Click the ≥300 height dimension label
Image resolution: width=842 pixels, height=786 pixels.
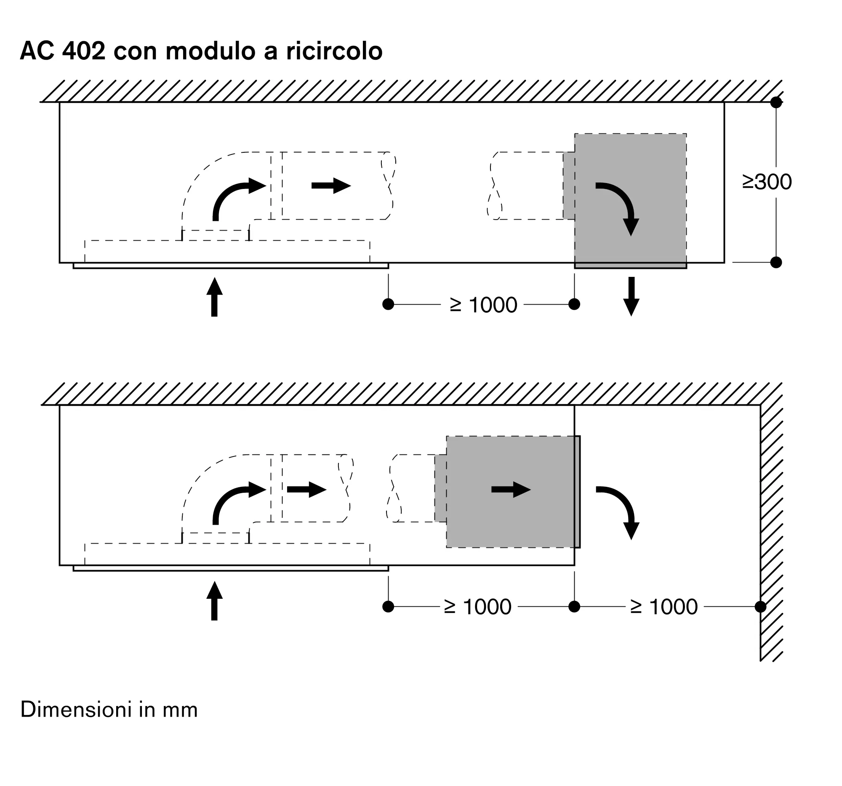coord(767,182)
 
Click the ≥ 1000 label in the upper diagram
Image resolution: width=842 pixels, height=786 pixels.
coord(483,305)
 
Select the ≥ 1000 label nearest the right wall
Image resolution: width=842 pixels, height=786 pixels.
coord(663,607)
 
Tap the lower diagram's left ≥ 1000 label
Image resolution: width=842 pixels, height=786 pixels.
coord(477,607)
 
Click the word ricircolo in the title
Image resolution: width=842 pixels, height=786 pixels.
coord(334,51)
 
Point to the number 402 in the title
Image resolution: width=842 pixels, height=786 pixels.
coord(83,51)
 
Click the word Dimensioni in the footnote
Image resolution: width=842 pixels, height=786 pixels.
coord(76,710)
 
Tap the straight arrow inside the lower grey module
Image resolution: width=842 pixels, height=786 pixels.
coord(511,490)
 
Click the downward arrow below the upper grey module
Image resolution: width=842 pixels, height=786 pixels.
coord(631,296)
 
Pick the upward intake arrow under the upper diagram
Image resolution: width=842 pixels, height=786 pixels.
coord(214,297)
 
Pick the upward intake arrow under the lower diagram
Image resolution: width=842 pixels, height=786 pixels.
coord(214,601)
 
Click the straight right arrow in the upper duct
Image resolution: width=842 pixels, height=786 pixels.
coord(331,186)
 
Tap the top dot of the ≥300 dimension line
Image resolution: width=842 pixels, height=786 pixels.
coord(776,102)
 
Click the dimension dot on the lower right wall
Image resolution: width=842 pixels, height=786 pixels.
coord(760,607)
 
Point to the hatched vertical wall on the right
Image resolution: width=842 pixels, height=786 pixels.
coord(771,529)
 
